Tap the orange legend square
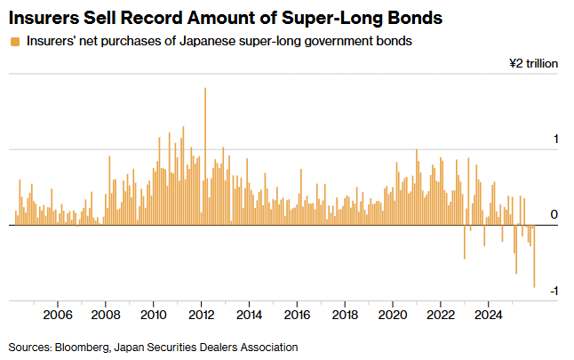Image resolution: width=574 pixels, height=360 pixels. click(14, 42)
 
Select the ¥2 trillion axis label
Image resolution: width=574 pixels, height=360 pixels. click(532, 64)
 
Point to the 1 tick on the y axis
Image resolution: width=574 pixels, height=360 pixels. click(554, 140)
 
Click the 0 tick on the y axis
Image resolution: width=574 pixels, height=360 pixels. click(554, 215)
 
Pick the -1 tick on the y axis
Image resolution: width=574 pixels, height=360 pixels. click(553, 292)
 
